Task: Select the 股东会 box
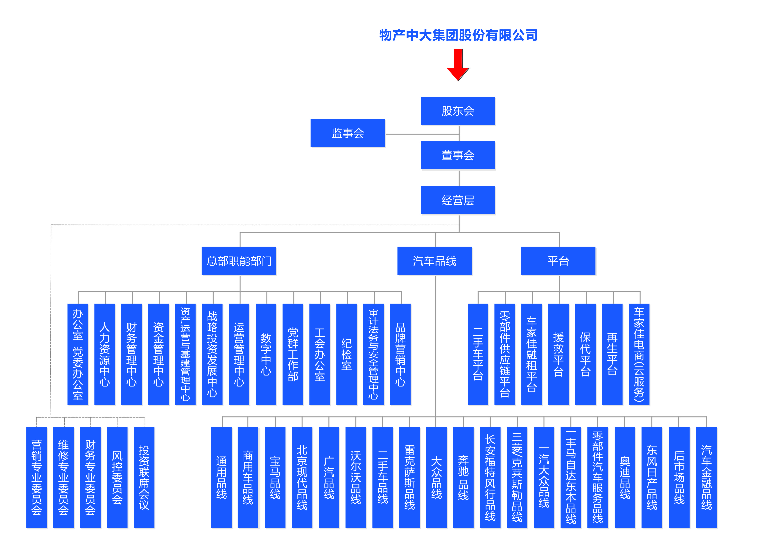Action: tap(458, 111)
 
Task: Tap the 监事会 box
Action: tap(347, 133)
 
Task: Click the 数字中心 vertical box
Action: tap(266, 354)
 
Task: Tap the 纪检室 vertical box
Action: tap(346, 354)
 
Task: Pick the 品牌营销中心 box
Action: tap(400, 354)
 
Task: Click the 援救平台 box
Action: tap(558, 354)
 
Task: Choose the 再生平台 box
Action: tap(612, 354)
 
